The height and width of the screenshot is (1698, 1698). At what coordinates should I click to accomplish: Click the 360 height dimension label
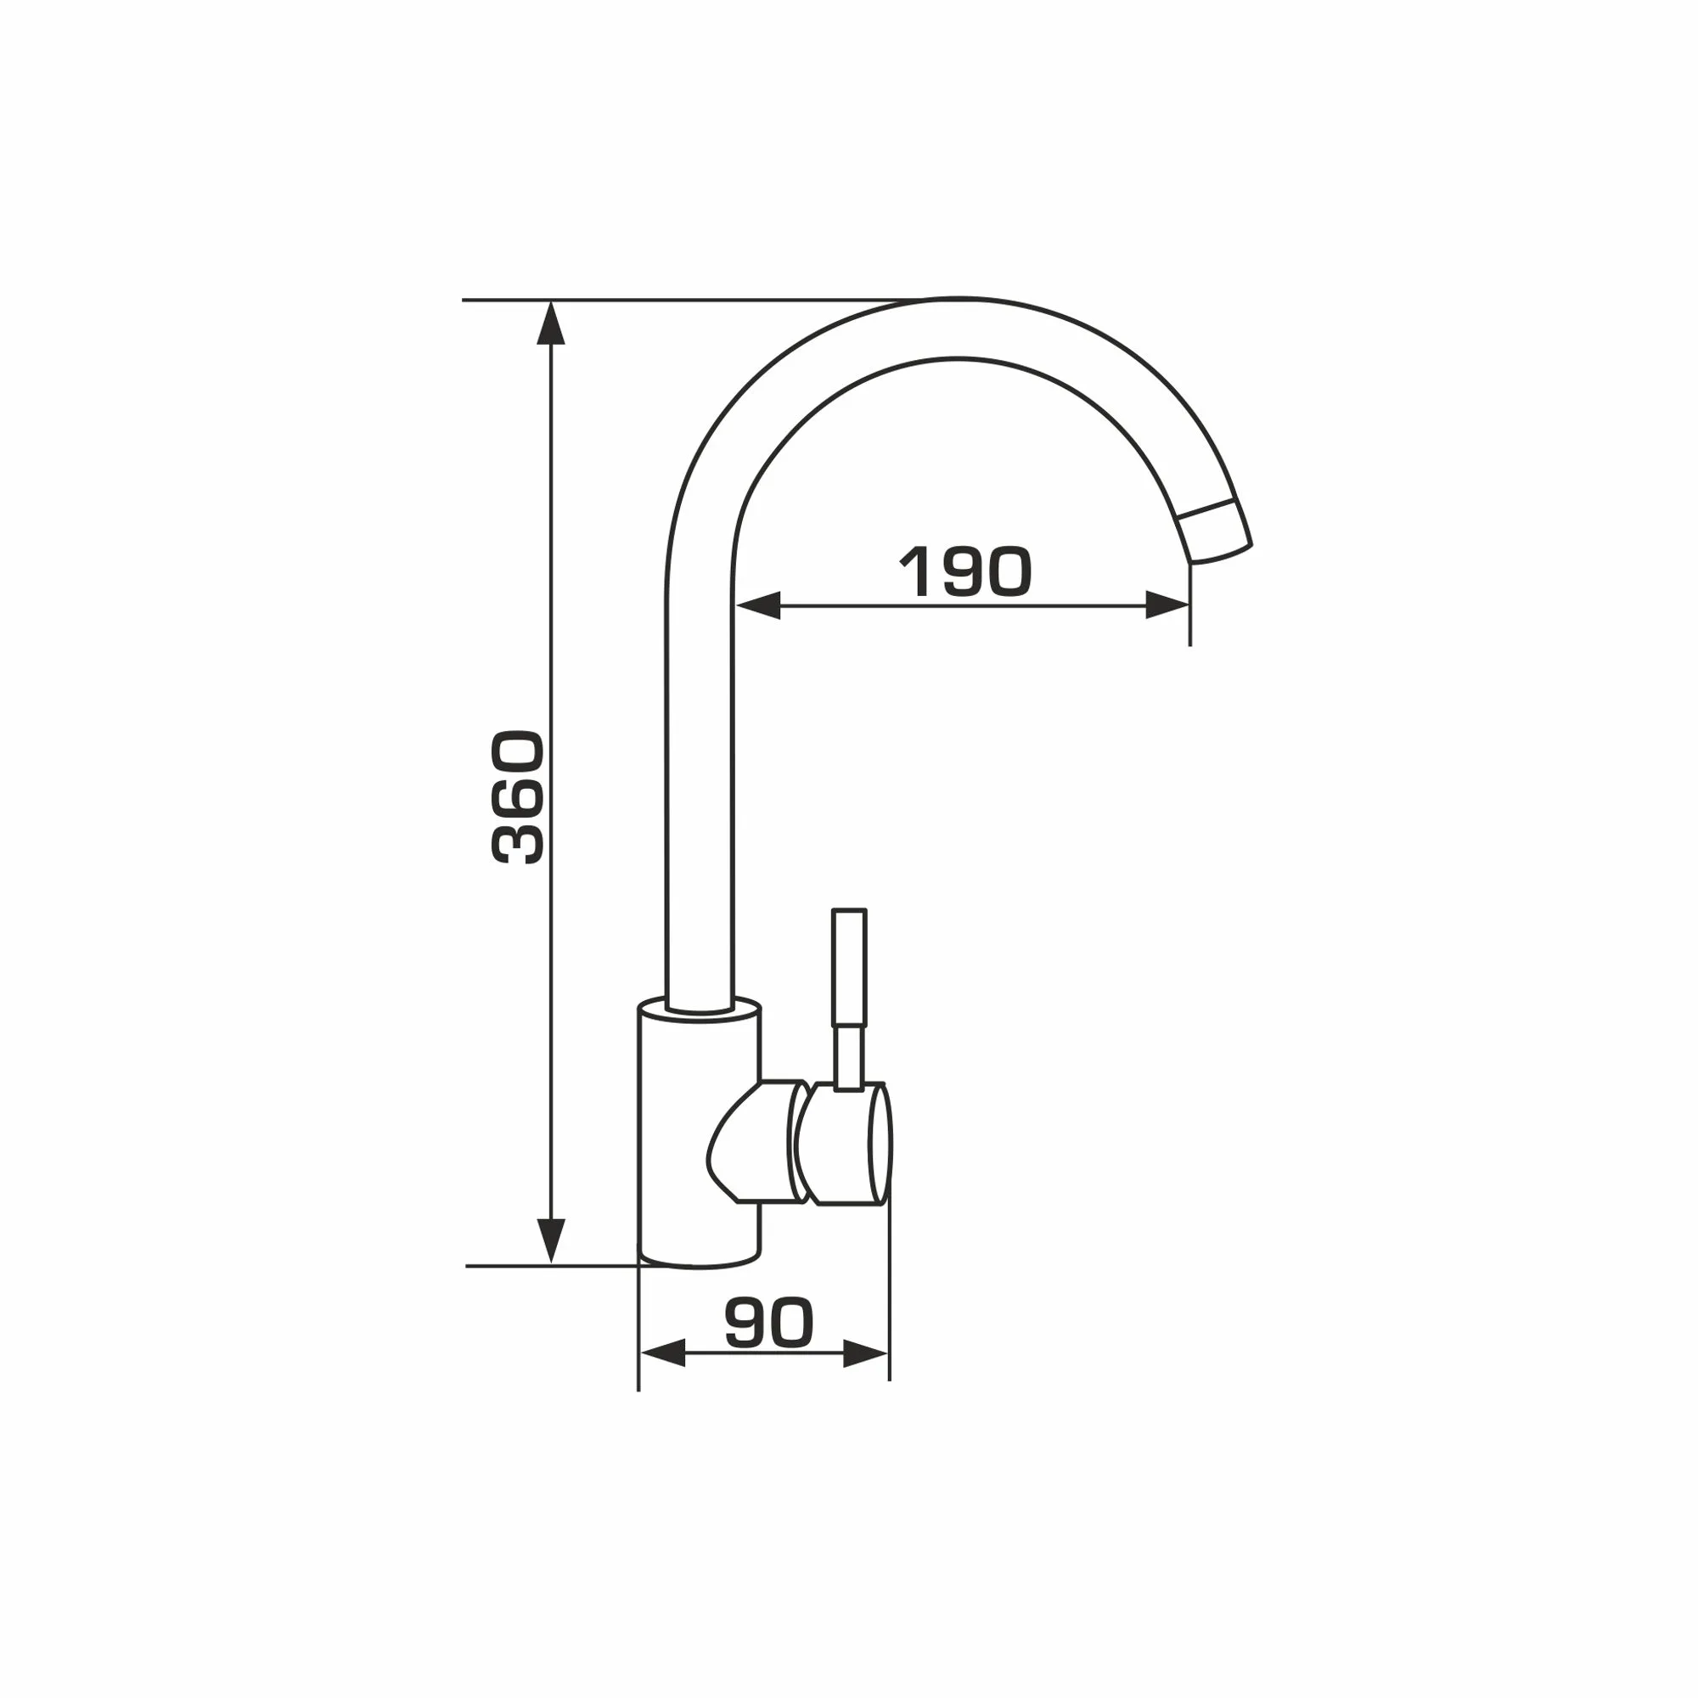click(x=518, y=797)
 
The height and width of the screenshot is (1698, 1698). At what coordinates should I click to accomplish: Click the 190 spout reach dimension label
click(x=964, y=571)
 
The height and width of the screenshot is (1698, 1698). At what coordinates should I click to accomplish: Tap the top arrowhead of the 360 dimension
click(x=551, y=323)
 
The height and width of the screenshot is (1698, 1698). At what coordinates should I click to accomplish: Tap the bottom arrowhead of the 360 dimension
click(x=551, y=1242)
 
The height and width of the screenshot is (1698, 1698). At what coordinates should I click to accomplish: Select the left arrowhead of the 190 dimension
click(x=757, y=605)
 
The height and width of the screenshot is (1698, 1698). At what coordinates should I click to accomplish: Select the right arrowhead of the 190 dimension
click(x=1168, y=605)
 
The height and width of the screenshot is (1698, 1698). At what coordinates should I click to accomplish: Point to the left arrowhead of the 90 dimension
click(x=663, y=1378)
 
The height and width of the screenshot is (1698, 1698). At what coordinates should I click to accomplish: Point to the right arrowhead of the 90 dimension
click(x=866, y=1378)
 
